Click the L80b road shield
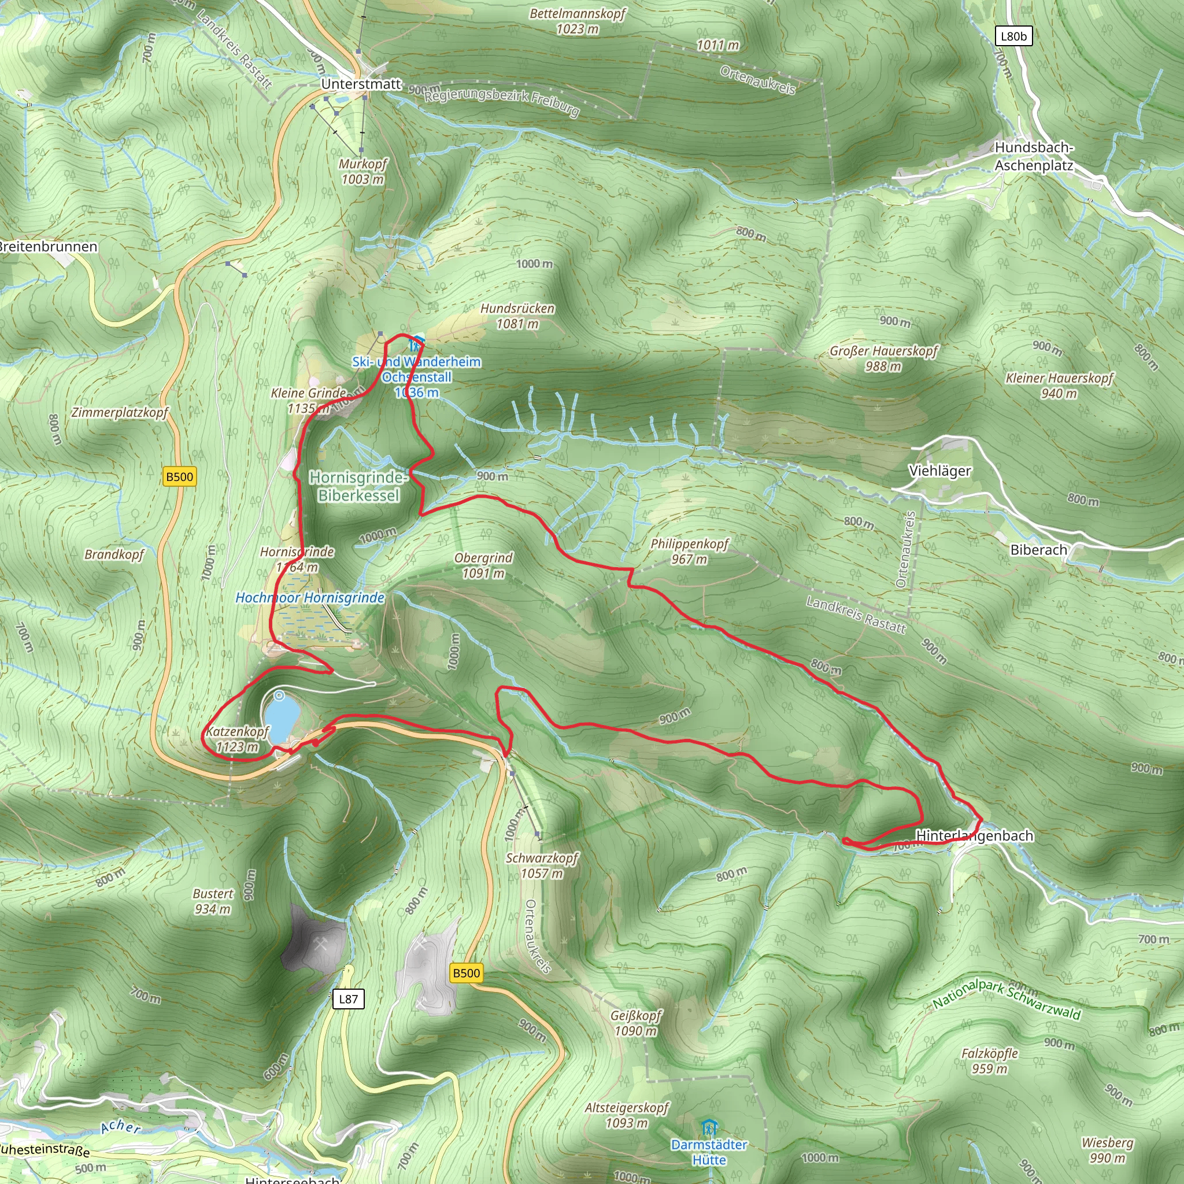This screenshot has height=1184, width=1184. [x=1013, y=36]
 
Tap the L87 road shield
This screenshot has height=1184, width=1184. [x=348, y=999]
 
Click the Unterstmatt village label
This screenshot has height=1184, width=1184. [x=361, y=84]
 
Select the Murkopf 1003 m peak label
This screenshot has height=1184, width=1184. [x=363, y=172]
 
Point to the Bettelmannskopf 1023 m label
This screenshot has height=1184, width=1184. [x=578, y=21]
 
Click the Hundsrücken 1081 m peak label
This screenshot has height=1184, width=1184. [x=517, y=316]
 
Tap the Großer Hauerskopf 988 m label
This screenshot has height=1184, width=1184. [x=883, y=358]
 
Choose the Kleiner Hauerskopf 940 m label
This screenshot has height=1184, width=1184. [x=1059, y=386]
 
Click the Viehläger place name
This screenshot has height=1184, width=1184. [x=939, y=471]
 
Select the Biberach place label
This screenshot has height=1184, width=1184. [x=1039, y=550]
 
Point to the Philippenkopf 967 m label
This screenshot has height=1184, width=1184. [x=690, y=551]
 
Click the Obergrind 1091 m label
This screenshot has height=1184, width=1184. [x=483, y=565]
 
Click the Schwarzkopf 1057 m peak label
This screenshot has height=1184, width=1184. [x=542, y=865]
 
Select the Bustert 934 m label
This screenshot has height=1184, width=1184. [x=213, y=901]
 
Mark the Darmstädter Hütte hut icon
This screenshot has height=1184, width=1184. [x=709, y=1127]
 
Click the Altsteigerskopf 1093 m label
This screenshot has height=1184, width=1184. [x=626, y=1115]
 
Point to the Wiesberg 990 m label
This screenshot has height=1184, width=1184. [x=1107, y=1150]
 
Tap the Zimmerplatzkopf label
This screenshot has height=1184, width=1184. [x=120, y=412]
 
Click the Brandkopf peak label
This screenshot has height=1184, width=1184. [x=114, y=554]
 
